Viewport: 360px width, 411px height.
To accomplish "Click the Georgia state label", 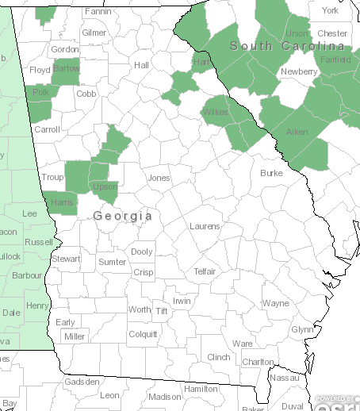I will [x=122, y=216].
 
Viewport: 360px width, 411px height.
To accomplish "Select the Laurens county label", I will [x=205, y=226].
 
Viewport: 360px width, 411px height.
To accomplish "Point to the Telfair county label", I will [x=210, y=271].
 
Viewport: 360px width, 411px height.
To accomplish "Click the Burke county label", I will [x=271, y=172].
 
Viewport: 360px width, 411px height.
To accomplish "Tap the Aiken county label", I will [x=297, y=132].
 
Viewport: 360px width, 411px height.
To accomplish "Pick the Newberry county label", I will [x=299, y=71].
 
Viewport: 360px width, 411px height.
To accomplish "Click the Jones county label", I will [x=159, y=178].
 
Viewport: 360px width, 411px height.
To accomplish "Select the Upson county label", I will [x=105, y=187].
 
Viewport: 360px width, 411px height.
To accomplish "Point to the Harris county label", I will [x=61, y=203].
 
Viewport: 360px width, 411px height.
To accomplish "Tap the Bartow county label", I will [x=66, y=70].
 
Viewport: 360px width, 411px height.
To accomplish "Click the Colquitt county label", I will [x=144, y=334].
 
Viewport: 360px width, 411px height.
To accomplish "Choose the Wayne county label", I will [x=276, y=303].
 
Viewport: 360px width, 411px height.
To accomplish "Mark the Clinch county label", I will [x=218, y=357].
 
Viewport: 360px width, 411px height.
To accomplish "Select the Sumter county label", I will [x=112, y=262].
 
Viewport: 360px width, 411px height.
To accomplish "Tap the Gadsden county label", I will [x=82, y=382].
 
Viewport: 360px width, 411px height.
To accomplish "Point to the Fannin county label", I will [x=98, y=12].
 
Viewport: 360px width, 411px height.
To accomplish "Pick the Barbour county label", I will [x=26, y=276].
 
